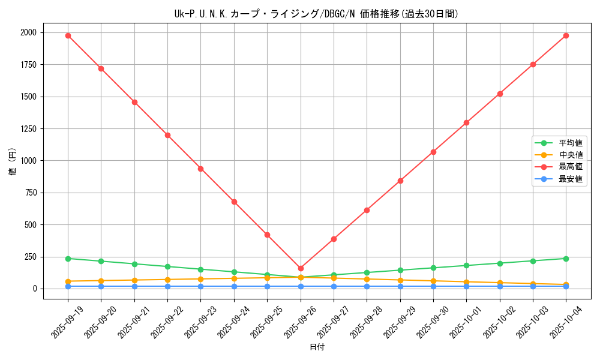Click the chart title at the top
316,14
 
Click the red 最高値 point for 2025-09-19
68,35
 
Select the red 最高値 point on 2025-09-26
301,268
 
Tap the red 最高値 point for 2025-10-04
566,35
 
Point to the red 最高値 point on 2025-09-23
201,169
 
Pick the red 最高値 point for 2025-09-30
433,152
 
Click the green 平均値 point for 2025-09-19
68,259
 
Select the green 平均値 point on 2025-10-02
500,263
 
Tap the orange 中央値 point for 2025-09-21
134,280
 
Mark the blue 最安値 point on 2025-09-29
400,286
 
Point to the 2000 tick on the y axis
28,32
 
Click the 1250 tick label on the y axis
28,128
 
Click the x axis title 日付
317,347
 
